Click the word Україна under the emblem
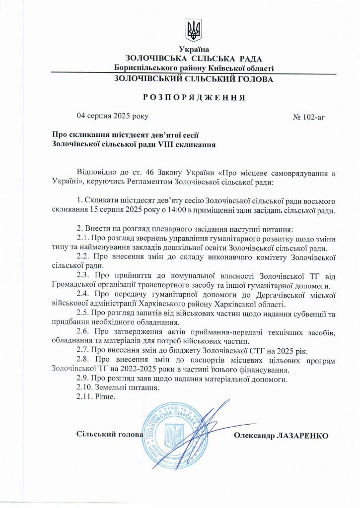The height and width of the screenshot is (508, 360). tap(194, 50)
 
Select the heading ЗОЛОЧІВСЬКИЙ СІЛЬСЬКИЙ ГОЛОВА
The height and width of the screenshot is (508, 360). tap(193, 79)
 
